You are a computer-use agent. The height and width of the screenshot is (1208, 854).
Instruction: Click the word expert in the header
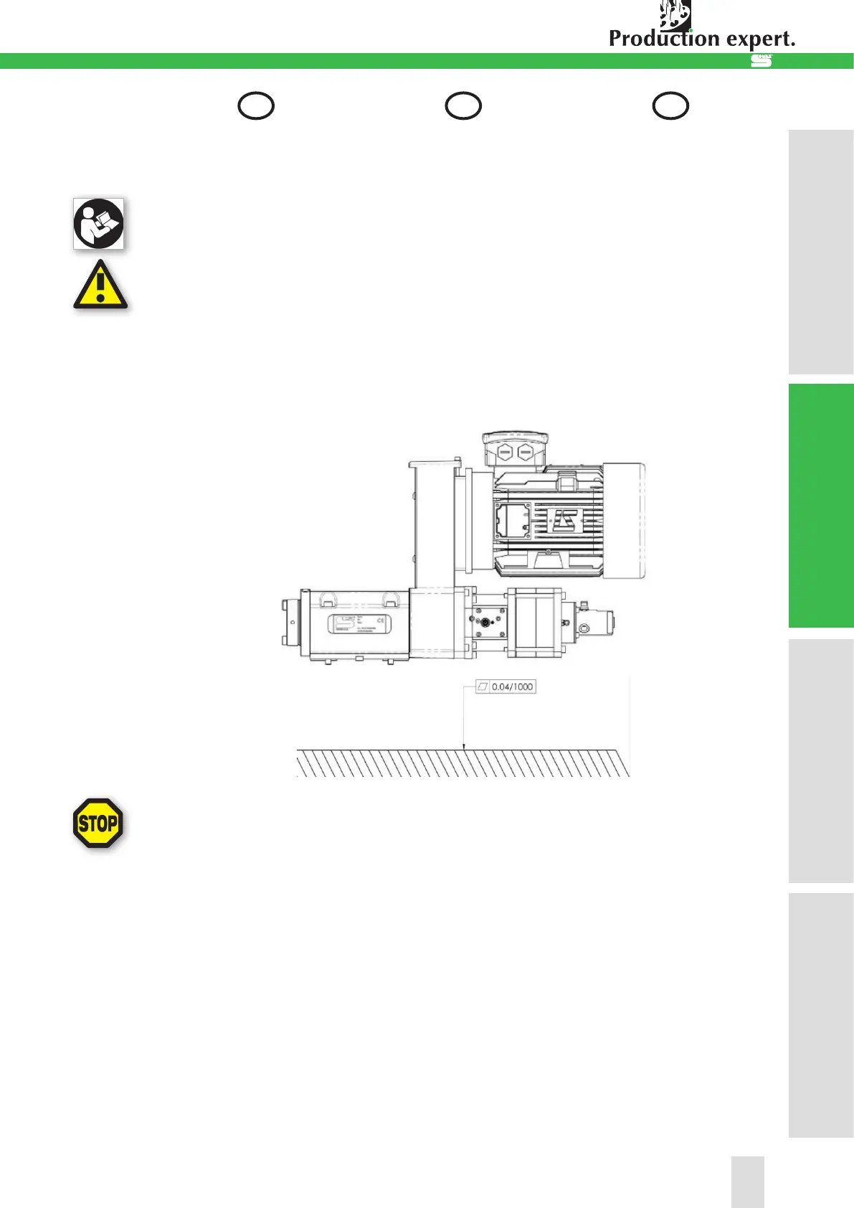[762, 39]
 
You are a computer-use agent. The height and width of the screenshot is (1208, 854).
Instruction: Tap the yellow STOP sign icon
[98, 824]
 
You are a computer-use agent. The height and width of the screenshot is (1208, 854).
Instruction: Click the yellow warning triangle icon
[100, 286]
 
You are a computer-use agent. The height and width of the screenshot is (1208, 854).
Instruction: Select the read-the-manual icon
[98, 224]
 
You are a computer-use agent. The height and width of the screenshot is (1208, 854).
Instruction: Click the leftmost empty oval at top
[256, 106]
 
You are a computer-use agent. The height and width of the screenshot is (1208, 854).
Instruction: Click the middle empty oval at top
[463, 106]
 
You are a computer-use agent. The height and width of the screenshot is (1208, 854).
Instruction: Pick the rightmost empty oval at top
[670, 106]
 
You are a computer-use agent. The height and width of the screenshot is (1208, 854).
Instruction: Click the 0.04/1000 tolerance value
[512, 686]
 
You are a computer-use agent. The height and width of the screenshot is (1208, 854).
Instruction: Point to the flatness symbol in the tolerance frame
[483, 686]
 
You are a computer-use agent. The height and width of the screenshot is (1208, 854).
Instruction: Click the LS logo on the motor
[564, 520]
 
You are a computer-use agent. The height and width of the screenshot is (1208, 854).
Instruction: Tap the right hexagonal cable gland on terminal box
[526, 453]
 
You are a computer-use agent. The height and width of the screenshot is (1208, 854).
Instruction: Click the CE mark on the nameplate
[380, 620]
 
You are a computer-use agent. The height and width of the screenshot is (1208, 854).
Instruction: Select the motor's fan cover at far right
[624, 520]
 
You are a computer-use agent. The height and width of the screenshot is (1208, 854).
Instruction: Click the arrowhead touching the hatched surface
[465, 747]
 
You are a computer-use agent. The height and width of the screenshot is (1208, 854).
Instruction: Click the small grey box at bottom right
[747, 1181]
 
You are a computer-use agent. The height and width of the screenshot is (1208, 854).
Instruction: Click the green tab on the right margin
[821, 506]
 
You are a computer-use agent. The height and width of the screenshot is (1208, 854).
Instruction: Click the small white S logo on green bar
[761, 62]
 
